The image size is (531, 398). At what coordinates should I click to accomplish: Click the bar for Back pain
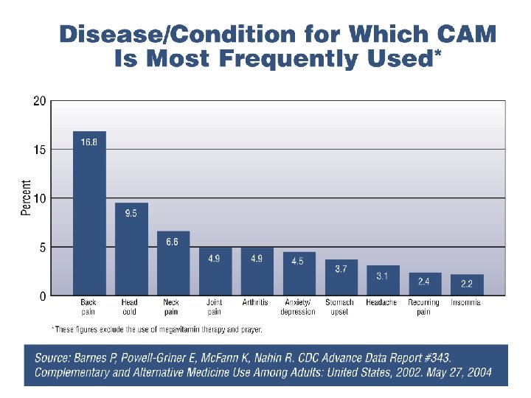click(x=89, y=214)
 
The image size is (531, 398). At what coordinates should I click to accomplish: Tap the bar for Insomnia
click(x=467, y=285)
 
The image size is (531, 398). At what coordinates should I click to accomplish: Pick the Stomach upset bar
click(x=341, y=278)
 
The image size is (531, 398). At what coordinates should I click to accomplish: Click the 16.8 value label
click(x=89, y=142)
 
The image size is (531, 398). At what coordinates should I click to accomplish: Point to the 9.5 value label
click(x=131, y=214)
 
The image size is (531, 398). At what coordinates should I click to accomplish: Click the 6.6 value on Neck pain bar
click(x=173, y=242)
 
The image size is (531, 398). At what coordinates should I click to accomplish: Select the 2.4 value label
click(x=425, y=282)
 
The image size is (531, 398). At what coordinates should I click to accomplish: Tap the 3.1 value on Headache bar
click(x=383, y=276)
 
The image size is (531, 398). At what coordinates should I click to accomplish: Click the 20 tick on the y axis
click(x=41, y=101)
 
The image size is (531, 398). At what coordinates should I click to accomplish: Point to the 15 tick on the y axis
click(x=41, y=150)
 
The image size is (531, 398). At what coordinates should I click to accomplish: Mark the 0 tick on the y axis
click(x=44, y=296)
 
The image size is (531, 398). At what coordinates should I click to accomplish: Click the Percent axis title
click(x=27, y=198)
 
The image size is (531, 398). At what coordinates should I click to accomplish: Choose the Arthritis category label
click(x=255, y=302)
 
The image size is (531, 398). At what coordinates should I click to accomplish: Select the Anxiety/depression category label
click(x=298, y=307)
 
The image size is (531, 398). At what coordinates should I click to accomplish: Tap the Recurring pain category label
click(x=424, y=307)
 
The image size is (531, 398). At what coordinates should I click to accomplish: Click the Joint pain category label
click(x=215, y=307)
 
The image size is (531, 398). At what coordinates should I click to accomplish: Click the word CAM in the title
click(x=467, y=35)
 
